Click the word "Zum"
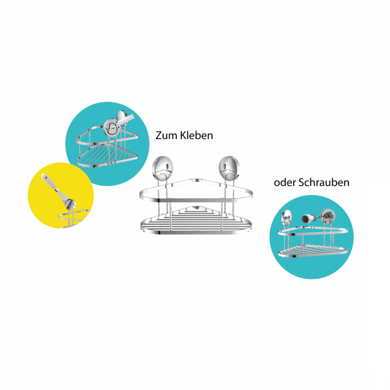[166, 135]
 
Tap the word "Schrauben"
[323, 183]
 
